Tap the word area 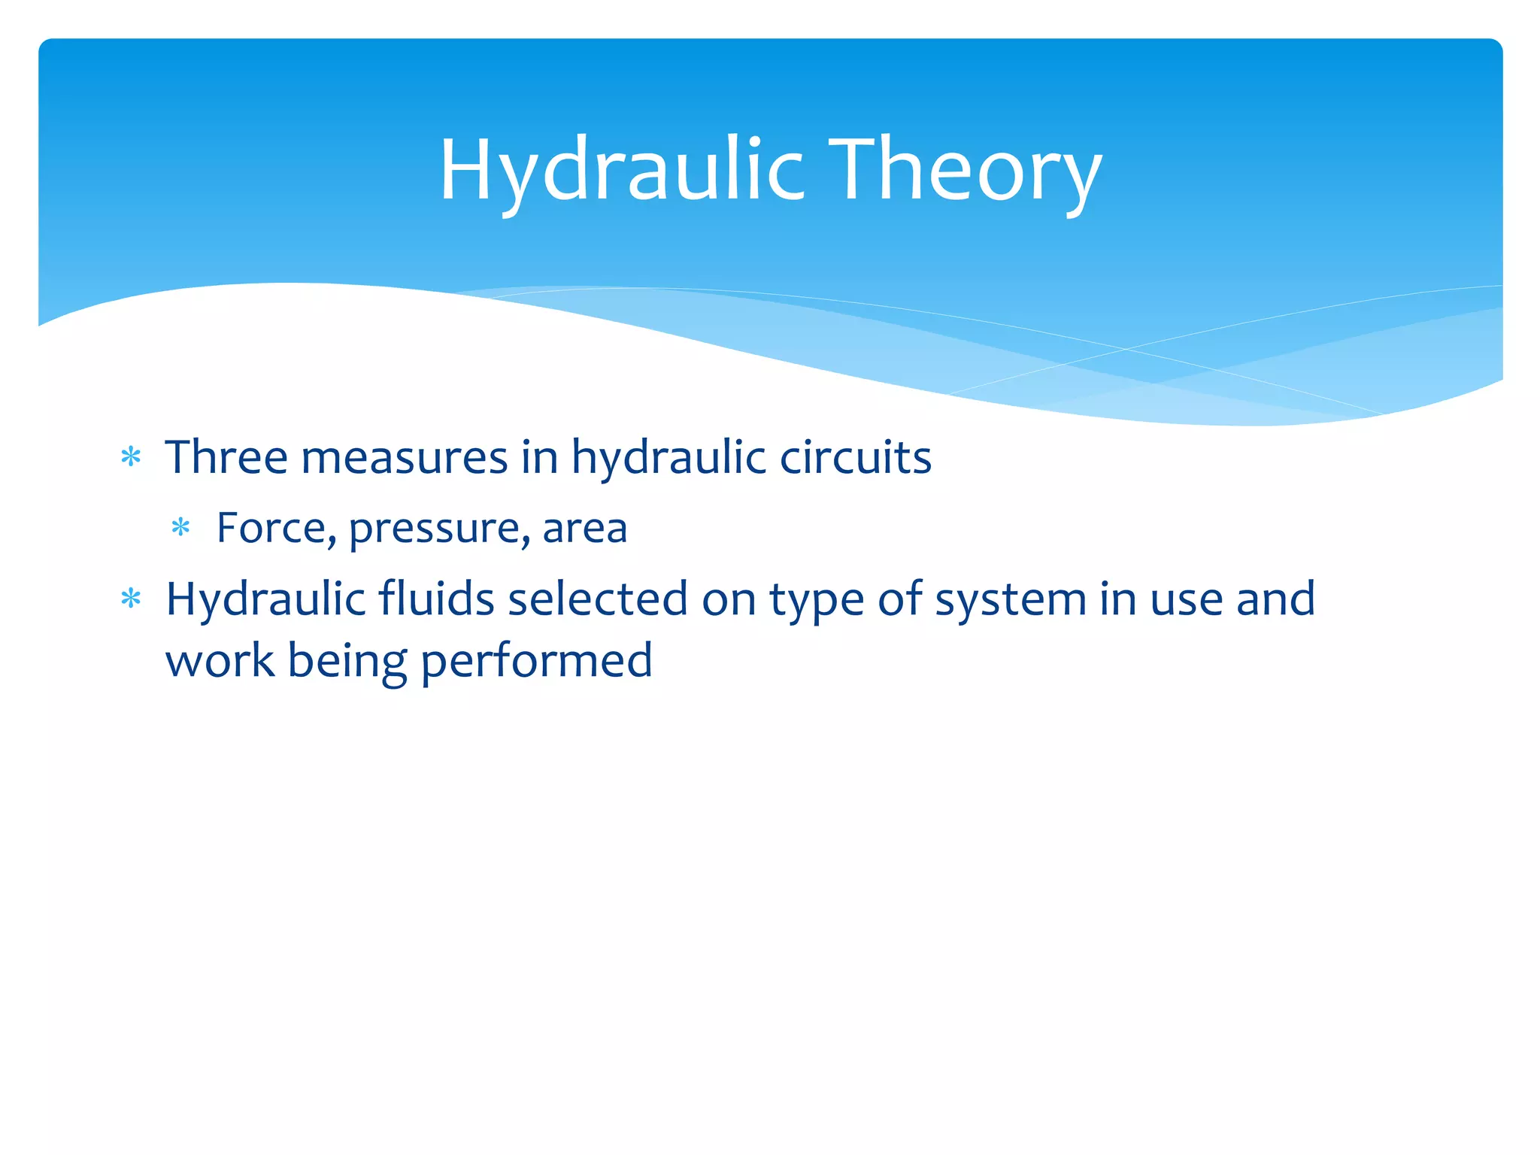click(584, 529)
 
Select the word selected click(598, 599)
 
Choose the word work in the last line click(220, 660)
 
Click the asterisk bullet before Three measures click(131, 457)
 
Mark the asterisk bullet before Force click(180, 528)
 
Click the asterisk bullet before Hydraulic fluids click(131, 599)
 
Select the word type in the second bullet click(816, 600)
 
